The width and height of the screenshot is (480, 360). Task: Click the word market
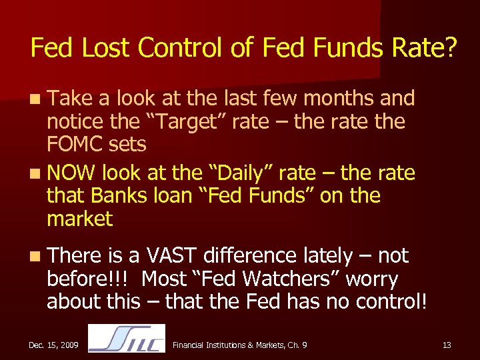pyautogui.click(x=80, y=219)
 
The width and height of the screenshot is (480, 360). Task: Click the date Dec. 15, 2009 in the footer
pyautogui.click(x=53, y=345)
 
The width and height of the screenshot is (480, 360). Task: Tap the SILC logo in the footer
pyautogui.click(x=127, y=338)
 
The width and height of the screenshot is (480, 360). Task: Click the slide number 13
pyautogui.click(x=446, y=345)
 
